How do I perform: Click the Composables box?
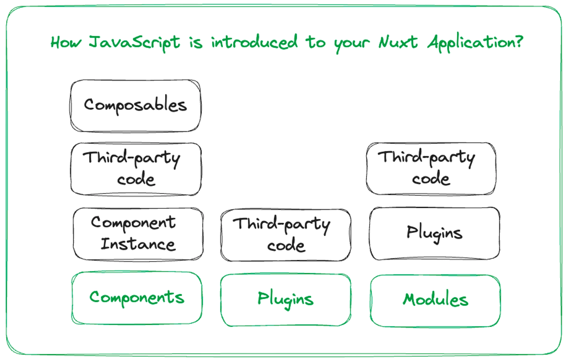point(136,106)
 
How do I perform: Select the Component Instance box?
point(138,234)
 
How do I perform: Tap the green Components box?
point(137,298)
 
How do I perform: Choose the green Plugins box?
point(286,300)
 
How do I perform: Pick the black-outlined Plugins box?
point(435,233)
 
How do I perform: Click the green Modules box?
point(435,301)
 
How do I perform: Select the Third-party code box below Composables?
point(136,169)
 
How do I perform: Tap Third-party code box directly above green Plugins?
point(286,235)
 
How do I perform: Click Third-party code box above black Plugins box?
point(431,169)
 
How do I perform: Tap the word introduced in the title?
point(254,42)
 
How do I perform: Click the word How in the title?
point(66,43)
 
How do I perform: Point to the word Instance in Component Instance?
point(138,244)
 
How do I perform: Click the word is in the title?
point(196,43)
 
